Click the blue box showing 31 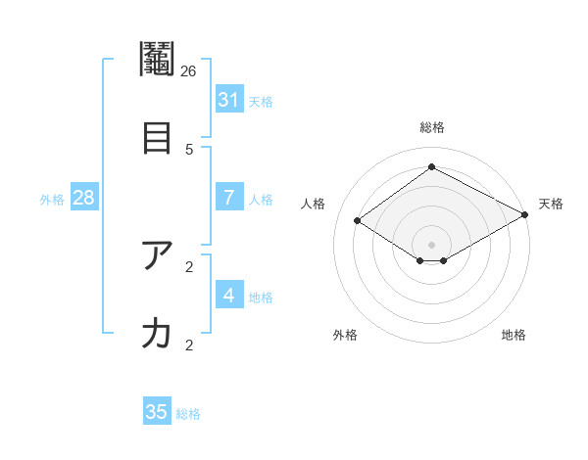[229, 100]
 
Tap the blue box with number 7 [229, 198]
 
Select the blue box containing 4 [229, 295]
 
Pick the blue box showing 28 [83, 198]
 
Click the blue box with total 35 [157, 412]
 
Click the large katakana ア [157, 255]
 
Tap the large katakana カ [157, 334]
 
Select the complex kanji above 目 [157, 60]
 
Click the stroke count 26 [189, 70]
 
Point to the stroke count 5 [189, 149]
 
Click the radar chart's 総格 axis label [431, 127]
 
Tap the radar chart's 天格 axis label [551, 204]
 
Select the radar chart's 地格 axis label [514, 335]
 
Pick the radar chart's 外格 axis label [345, 335]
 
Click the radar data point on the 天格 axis [526, 215]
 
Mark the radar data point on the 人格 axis [358, 221]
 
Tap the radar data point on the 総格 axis [431, 167]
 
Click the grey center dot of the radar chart [431, 244]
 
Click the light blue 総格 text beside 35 [188, 414]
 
